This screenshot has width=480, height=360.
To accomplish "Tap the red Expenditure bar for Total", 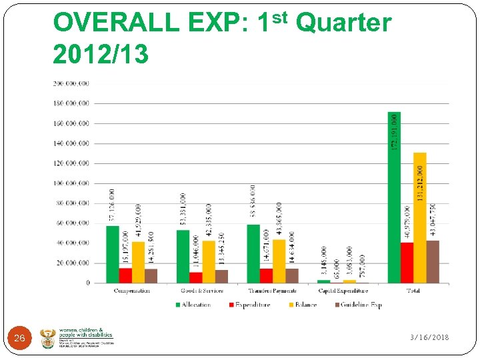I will point(407,263).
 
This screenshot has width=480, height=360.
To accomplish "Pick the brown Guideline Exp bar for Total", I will point(433,262).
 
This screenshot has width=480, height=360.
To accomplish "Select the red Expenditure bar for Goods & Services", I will point(195,277).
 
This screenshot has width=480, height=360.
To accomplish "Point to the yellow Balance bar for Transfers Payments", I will point(279,261).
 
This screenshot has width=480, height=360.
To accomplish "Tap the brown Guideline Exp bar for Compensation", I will point(151,276).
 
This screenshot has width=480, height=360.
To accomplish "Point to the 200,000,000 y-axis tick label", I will point(71,84).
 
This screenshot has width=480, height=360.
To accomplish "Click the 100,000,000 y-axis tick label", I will point(71,183).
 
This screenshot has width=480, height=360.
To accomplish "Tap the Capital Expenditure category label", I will point(343,291).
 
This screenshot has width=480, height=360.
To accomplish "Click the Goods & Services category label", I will point(202,291).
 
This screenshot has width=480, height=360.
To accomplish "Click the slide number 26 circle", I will point(20,339).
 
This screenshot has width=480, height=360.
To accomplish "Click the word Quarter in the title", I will point(343,23).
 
